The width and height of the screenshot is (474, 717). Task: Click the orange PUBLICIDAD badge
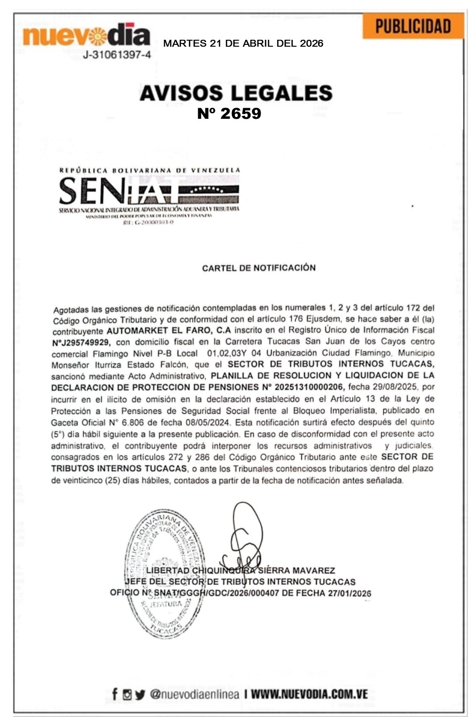tap(413, 26)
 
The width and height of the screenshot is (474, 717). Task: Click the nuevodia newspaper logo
tap(86, 36)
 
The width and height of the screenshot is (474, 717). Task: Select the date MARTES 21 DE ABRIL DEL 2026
tap(243, 44)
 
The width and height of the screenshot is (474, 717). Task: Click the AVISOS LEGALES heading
tap(236, 93)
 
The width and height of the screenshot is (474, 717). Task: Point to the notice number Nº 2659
tap(229, 113)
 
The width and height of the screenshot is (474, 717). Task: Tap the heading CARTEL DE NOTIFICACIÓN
tap(259, 268)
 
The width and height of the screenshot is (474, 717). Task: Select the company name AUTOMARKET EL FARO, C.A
tap(169, 331)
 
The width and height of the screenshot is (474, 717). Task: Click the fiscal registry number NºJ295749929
tap(81, 343)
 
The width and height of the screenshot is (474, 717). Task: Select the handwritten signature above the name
tap(245, 536)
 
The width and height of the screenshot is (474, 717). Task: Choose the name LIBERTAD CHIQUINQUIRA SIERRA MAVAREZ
tap(240, 571)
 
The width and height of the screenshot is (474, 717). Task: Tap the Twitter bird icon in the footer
tap(140, 694)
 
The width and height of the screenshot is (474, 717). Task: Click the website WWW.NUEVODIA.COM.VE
tap(309, 694)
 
